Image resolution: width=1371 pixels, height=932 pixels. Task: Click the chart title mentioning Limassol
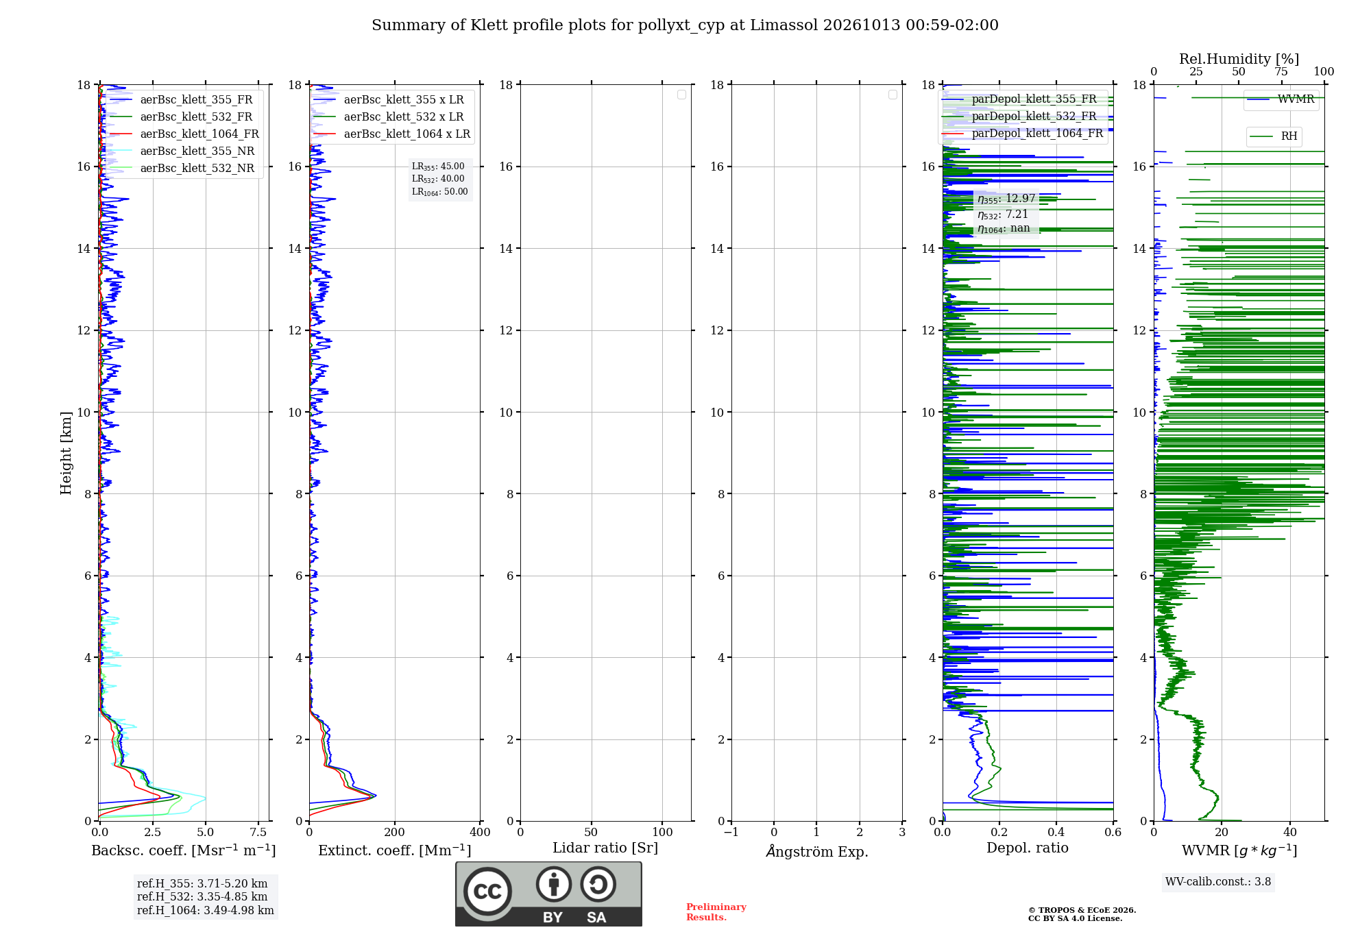[685, 25]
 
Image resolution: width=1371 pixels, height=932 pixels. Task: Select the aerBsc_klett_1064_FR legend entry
[184, 134]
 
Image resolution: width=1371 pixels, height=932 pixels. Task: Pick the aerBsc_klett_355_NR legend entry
[182, 151]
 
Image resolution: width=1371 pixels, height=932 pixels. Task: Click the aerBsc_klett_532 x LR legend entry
[388, 117]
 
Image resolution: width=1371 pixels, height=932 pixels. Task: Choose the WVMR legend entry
[1281, 99]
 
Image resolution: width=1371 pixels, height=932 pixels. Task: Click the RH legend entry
[1274, 136]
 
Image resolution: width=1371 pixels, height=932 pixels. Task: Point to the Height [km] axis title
[66, 453]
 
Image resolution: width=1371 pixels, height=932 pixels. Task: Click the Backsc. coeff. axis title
[184, 850]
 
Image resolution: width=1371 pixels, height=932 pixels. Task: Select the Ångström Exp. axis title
[817, 851]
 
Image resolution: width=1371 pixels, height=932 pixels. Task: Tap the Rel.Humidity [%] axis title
[1239, 59]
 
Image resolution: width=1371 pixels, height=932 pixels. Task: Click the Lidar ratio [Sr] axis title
[605, 848]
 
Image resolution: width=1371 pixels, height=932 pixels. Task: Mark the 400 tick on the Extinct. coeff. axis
[480, 832]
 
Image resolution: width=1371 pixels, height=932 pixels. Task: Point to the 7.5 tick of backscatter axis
[258, 832]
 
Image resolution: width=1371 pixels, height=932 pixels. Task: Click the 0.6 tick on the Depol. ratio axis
[1113, 832]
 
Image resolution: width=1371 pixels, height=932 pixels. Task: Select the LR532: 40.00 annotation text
[438, 179]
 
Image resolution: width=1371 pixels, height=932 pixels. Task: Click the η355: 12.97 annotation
[1006, 199]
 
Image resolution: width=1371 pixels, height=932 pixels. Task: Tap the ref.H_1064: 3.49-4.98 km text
[206, 911]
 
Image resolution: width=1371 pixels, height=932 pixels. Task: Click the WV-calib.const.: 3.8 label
[1218, 882]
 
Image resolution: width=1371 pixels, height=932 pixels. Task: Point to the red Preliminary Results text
[716, 912]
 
